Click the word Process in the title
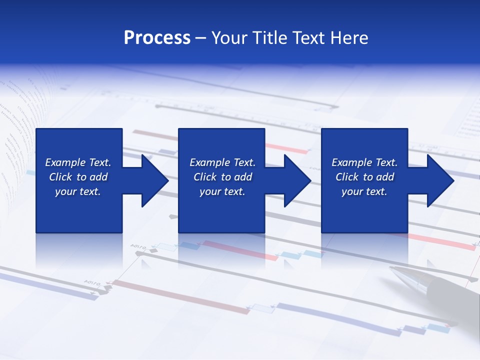(x=157, y=38)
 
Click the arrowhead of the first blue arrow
(x=155, y=180)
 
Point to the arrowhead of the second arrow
(x=298, y=180)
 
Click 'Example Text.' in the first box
(x=78, y=162)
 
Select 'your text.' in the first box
(x=78, y=191)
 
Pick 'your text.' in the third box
(x=364, y=191)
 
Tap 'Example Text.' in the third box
(x=364, y=162)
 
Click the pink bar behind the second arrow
(x=287, y=148)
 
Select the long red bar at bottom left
(x=180, y=298)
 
